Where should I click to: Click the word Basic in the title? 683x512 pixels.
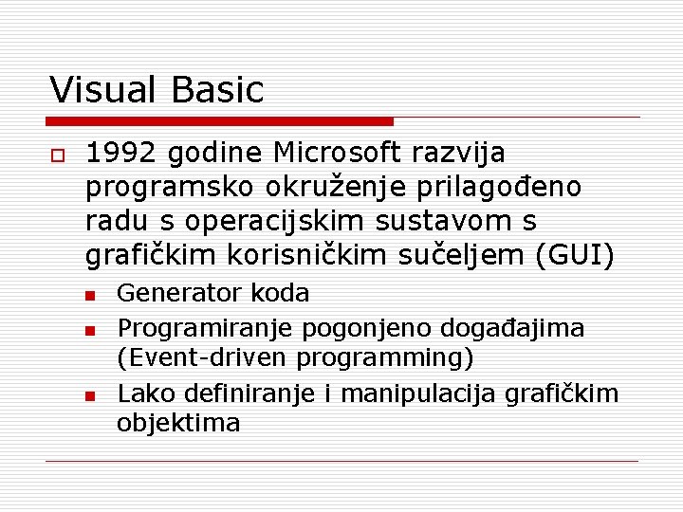217,90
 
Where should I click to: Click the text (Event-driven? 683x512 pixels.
203,358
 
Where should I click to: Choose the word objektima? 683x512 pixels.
178,423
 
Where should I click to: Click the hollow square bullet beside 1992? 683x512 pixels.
58,155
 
